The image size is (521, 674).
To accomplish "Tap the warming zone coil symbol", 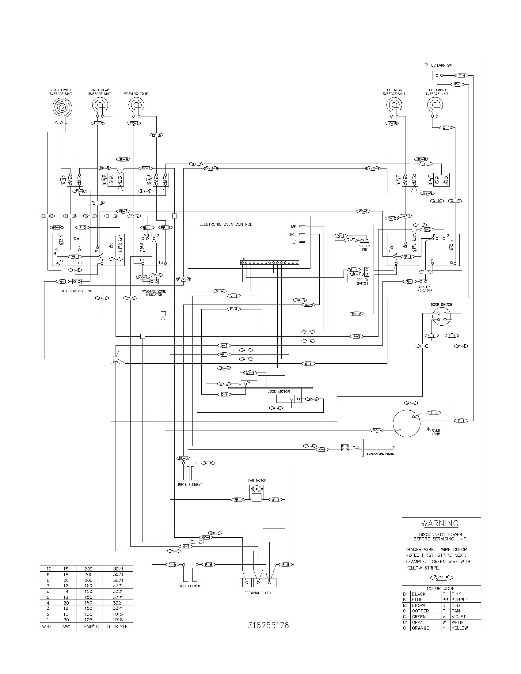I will tap(136, 106).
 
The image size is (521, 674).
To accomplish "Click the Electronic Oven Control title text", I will tap(226, 224).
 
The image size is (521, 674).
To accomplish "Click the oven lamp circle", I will tap(406, 424).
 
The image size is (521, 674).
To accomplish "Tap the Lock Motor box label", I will tap(278, 391).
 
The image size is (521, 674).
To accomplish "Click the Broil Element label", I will tap(190, 485).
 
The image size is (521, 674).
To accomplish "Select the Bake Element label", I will tap(190, 586).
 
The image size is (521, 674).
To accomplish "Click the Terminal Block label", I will tap(258, 593).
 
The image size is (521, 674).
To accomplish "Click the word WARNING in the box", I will tap(440, 523).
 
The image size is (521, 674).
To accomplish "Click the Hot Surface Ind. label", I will tap(77, 291).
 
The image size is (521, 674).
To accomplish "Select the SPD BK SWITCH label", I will tap(362, 282).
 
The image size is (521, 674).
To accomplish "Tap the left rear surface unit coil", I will tap(394, 106).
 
